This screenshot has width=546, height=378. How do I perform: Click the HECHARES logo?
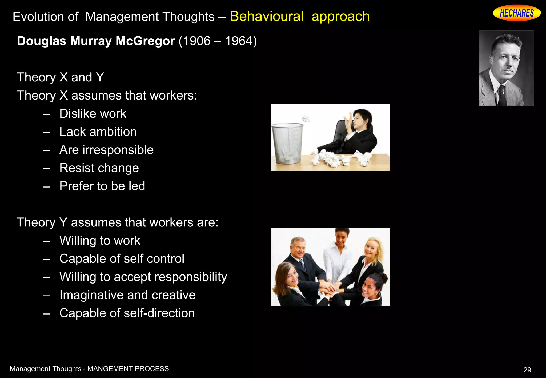516,13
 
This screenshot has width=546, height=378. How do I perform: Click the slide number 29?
527,370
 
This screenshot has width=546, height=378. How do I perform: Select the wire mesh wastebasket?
287,143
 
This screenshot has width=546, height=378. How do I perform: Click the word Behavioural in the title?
267,17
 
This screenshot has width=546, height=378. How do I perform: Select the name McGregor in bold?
145,41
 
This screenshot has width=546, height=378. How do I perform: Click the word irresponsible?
118,150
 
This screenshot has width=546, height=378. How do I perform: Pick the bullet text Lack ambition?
98,132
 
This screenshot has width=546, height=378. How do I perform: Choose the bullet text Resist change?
99,168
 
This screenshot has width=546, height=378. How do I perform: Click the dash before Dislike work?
46,114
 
